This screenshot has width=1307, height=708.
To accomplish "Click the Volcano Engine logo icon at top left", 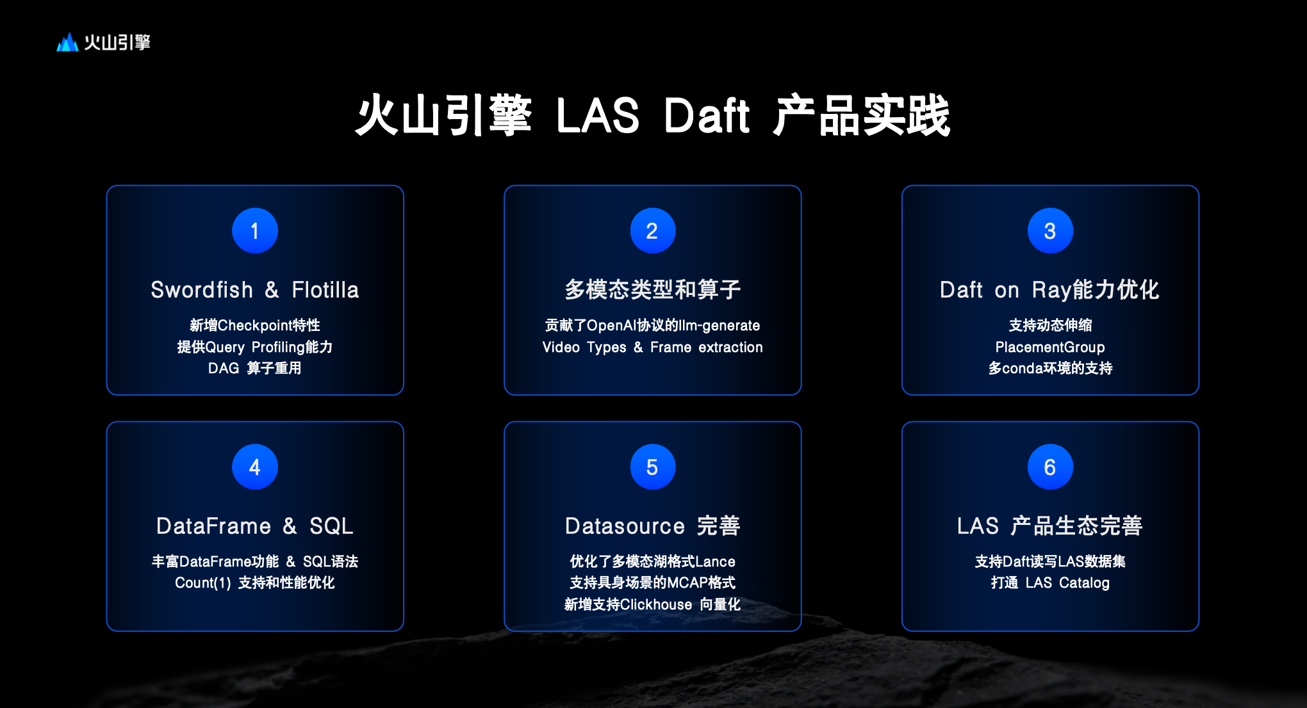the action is (x=67, y=42).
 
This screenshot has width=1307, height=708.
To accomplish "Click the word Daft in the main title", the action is (x=707, y=116).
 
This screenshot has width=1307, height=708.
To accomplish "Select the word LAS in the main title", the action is (x=598, y=116).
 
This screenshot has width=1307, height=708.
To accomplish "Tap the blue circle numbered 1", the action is (x=255, y=230).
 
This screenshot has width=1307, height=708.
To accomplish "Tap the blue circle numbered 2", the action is (x=653, y=230).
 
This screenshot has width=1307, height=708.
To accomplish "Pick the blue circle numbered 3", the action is (x=1050, y=230).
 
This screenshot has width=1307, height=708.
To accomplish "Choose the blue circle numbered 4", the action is (x=255, y=467).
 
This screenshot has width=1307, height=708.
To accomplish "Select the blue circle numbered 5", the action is (x=653, y=467).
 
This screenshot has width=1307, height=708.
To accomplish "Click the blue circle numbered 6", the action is (x=1050, y=467).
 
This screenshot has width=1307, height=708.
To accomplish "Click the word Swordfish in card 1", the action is (x=202, y=290).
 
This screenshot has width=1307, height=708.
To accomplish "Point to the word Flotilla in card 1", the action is (x=325, y=290).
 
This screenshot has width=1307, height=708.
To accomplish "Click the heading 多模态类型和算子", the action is (x=653, y=290).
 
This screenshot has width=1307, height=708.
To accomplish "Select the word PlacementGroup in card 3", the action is (x=1050, y=348).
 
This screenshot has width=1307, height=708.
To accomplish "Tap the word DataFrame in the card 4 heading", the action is (x=214, y=526).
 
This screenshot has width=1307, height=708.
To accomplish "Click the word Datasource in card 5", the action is (x=625, y=526).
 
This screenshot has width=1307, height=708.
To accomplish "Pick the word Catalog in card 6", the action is (x=1084, y=583).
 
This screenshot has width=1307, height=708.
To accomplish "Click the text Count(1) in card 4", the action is (x=203, y=583).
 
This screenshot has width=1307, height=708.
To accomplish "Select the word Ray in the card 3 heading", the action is (x=1051, y=291).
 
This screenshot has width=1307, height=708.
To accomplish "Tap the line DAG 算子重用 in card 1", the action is (x=255, y=369).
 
